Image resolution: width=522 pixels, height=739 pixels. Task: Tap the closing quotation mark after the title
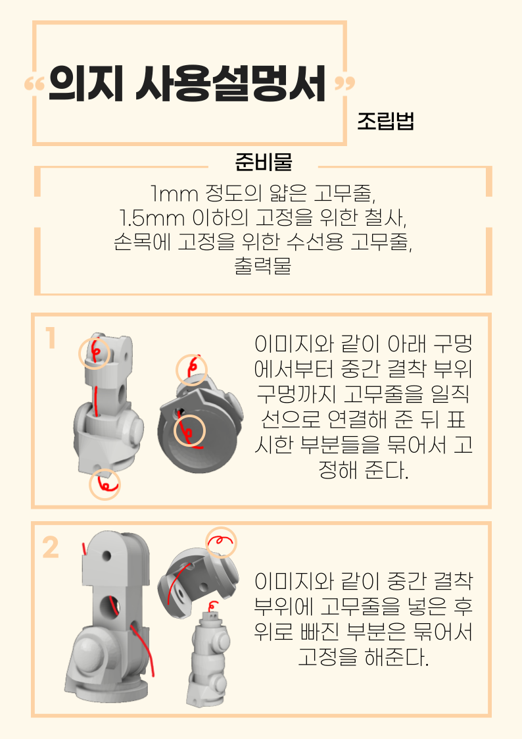point(344,84)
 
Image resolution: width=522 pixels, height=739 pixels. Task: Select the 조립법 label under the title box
point(385,122)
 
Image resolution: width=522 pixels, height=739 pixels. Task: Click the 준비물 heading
point(263,162)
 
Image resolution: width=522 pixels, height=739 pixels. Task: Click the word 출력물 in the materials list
point(263,267)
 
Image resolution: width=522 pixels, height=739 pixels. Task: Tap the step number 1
point(50,339)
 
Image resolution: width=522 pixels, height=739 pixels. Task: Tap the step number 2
point(51,548)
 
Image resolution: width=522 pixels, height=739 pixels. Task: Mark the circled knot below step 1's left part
point(105,484)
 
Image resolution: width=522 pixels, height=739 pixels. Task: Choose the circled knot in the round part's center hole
point(189,432)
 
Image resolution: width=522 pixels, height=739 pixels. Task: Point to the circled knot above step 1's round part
point(191,369)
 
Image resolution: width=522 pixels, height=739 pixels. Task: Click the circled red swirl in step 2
point(221,542)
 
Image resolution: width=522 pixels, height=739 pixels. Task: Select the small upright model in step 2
point(208,658)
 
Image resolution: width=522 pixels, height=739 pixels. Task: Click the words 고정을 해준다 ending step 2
point(362,657)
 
